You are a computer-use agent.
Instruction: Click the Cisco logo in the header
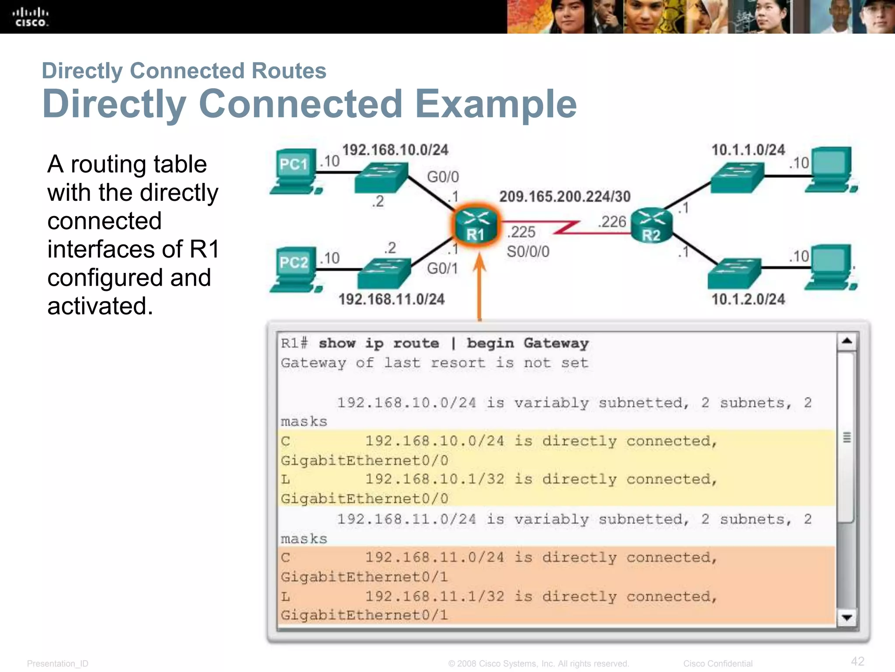tap(30, 17)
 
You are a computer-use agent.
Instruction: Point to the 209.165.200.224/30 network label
tap(565, 196)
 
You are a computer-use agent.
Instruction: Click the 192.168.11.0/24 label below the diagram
tap(391, 299)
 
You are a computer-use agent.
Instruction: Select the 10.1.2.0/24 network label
tap(748, 299)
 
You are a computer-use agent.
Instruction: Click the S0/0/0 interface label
tap(528, 252)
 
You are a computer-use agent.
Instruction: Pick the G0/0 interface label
tap(443, 177)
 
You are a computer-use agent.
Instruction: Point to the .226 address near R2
tap(612, 222)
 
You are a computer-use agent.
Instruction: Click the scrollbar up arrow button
tap(846, 341)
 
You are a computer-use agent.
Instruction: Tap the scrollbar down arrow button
tap(846, 617)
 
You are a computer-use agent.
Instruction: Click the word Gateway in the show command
tap(556, 343)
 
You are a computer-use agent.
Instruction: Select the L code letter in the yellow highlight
tap(285, 479)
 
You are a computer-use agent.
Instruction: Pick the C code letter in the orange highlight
tap(285, 557)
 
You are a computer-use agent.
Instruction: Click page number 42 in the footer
tap(857, 661)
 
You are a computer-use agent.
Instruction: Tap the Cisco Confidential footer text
tap(718, 663)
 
